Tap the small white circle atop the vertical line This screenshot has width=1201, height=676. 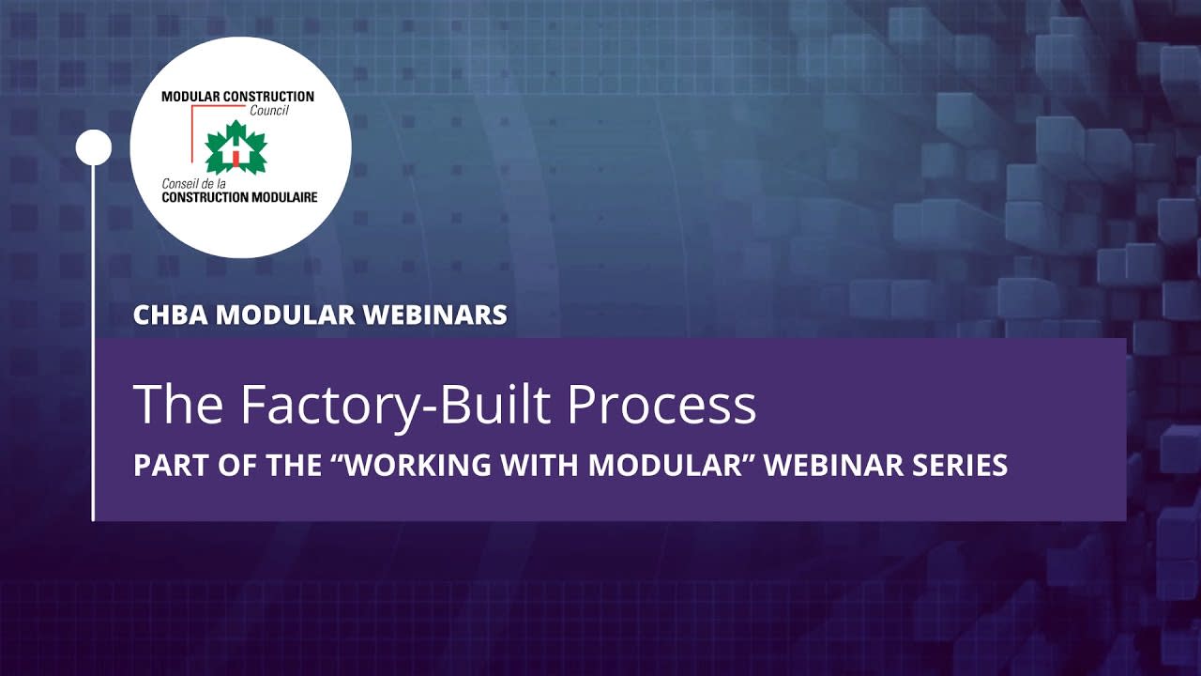coord(93,147)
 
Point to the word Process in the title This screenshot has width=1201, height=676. coord(661,405)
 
